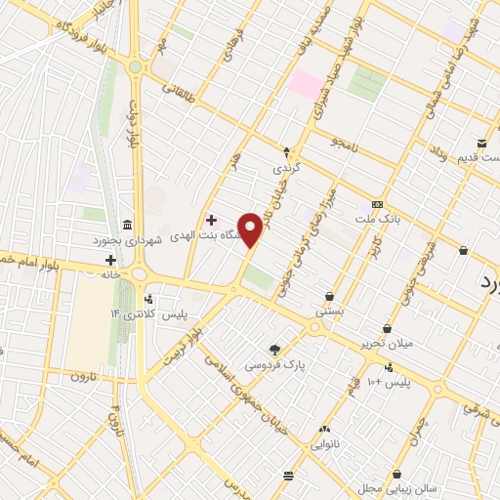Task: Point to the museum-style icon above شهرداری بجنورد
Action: pyautogui.click(x=129, y=223)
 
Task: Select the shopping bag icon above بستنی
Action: pyautogui.click(x=329, y=296)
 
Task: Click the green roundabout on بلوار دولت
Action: pyautogui.click(x=134, y=66)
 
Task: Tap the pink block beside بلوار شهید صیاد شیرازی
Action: pyautogui.click(x=305, y=82)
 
